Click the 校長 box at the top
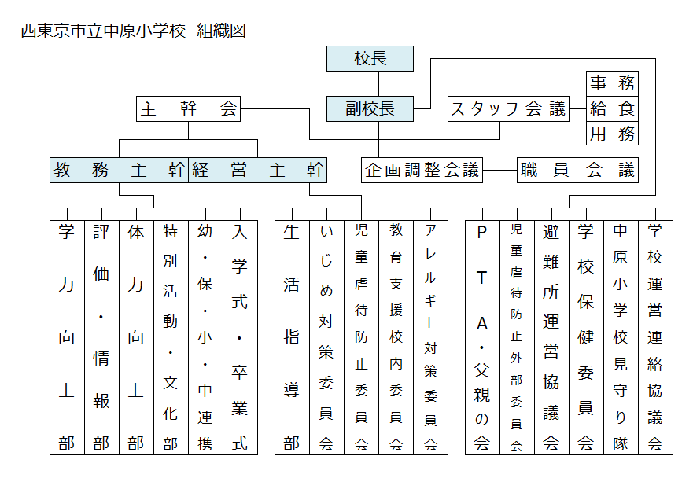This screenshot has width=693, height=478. coord(370,58)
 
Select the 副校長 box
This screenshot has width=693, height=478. coord(370,108)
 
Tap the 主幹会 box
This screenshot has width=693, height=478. coord(188,108)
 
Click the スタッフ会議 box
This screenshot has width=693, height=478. coord(508,108)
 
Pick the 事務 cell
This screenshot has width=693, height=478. coord(612,83)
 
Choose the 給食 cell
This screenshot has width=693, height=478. coord(612,108)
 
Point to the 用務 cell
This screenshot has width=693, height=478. coord(612,134)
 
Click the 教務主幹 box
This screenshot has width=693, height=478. coord(119,170)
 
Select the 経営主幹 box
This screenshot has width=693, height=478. coord(258,170)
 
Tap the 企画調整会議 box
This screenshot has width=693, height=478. coord(422,170)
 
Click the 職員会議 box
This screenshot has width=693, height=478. coord(577,170)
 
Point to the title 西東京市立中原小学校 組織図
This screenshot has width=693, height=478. coord(133,31)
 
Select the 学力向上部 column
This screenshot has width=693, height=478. coord(67,337)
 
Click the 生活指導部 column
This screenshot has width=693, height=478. coord(292,337)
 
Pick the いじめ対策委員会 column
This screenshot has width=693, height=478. coord(326,337)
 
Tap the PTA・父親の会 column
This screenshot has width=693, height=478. coord(483,337)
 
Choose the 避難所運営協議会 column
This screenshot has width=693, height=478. coord(551,337)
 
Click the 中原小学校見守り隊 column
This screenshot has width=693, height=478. coord(621,337)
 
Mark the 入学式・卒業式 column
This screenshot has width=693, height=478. coord(240,337)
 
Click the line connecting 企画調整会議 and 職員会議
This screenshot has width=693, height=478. coord(499,170)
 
